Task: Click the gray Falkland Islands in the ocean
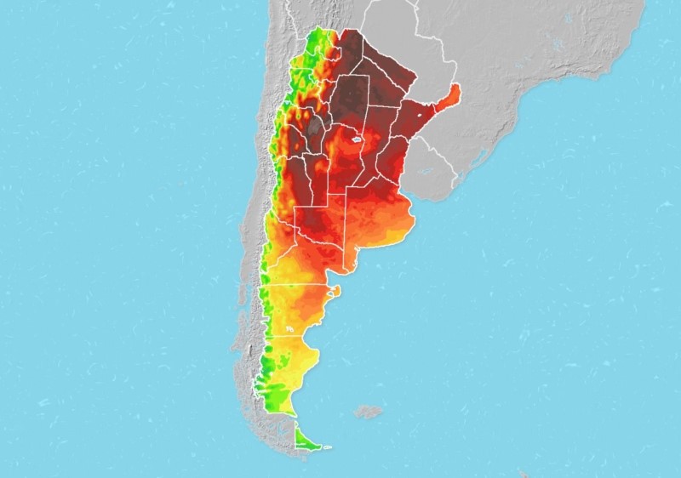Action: click(368, 412)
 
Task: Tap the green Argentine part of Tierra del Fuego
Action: click(304, 439)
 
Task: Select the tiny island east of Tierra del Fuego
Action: click(326, 448)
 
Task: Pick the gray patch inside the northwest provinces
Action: click(316, 128)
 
